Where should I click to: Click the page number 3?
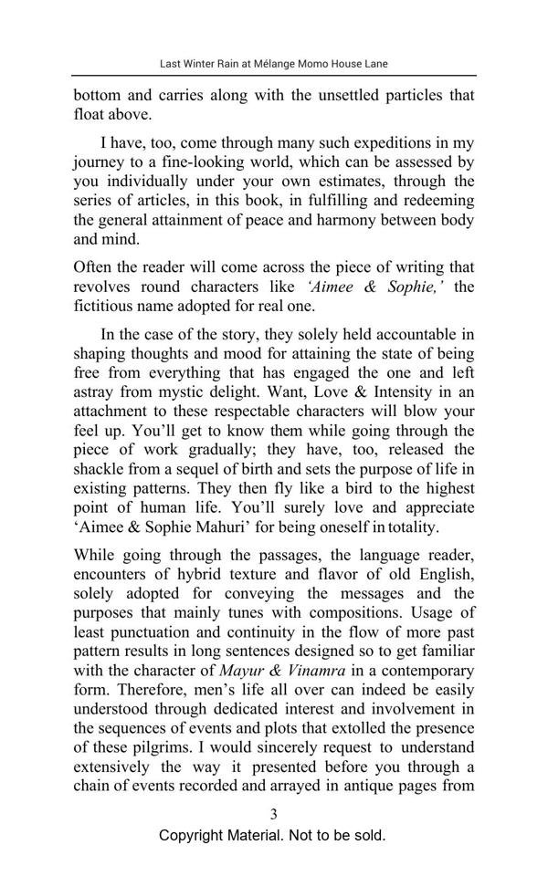point(273,814)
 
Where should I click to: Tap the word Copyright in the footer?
point(195,835)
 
